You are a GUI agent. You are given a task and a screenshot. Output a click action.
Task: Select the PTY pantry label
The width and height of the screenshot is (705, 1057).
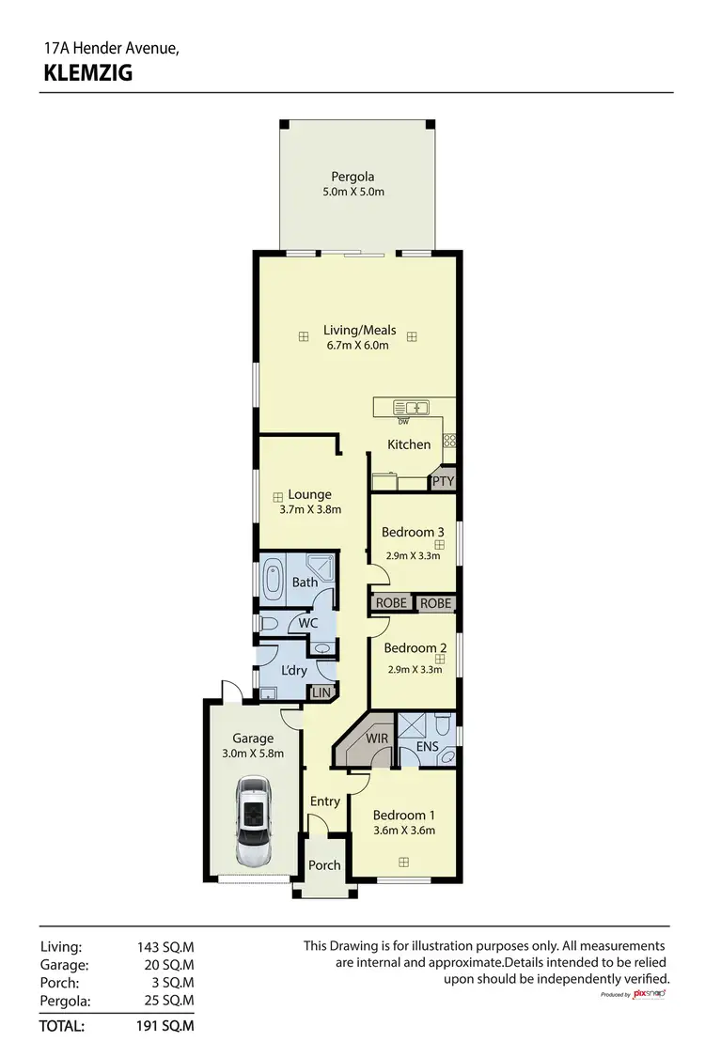pyautogui.click(x=443, y=481)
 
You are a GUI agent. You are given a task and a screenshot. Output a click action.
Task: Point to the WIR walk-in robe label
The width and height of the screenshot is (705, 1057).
pyautogui.click(x=377, y=738)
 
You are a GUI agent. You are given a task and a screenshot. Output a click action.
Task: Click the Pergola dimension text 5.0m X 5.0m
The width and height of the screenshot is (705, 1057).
pyautogui.click(x=352, y=192)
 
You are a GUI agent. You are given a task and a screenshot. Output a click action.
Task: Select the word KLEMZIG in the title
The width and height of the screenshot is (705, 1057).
pyautogui.click(x=88, y=73)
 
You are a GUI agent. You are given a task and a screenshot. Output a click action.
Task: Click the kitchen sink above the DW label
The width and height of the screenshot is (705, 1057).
pyautogui.click(x=413, y=408)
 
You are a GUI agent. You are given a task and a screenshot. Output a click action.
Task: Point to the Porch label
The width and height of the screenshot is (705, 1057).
pyautogui.click(x=324, y=865)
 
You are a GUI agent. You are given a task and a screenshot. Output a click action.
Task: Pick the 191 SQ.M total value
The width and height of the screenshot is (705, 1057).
pyautogui.click(x=165, y=1026)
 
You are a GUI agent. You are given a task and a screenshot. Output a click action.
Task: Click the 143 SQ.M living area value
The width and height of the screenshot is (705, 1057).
pyautogui.click(x=165, y=947)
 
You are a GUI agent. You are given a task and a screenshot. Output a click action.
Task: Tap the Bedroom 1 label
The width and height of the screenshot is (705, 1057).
pyautogui.click(x=403, y=815)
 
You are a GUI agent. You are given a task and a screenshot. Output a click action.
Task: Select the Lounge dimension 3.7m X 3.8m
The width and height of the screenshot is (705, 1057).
pyautogui.click(x=309, y=510)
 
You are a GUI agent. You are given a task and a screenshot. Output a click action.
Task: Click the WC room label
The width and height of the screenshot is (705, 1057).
pyautogui.click(x=307, y=623)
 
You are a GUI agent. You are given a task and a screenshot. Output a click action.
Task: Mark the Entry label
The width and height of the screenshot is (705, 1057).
pyautogui.click(x=325, y=801)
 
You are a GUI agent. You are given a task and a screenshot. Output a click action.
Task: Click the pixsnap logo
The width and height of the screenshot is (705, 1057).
pyautogui.click(x=650, y=993)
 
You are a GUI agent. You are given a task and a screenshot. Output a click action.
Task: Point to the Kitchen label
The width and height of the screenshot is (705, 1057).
pyautogui.click(x=410, y=444)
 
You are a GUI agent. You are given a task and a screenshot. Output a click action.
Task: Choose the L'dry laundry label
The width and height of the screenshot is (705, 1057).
pyautogui.click(x=294, y=671)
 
